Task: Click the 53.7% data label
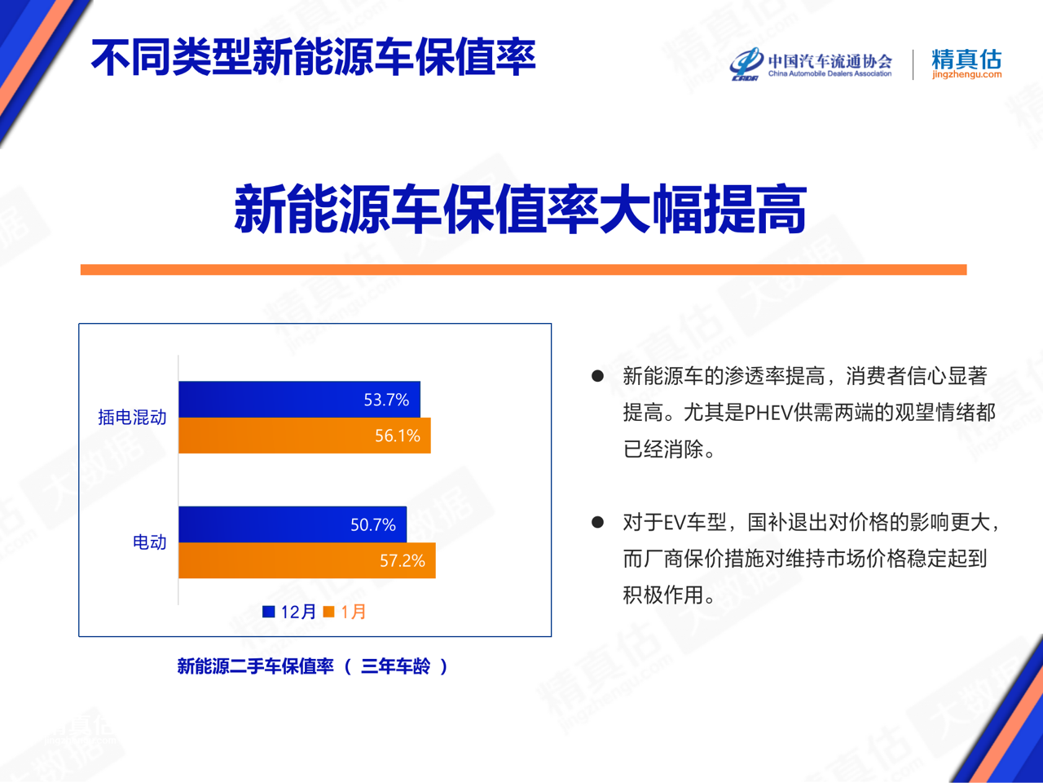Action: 386,400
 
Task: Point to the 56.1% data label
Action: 398,436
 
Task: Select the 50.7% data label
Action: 373,524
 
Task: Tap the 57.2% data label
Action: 403,560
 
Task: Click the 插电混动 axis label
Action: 132,418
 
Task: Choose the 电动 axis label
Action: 149,542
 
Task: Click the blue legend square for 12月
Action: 269,612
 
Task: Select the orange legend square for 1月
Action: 329,612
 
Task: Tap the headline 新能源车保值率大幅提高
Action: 520,209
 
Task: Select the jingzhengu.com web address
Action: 966,75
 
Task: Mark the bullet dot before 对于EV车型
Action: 597,522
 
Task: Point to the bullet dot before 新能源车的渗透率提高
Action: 597,376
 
